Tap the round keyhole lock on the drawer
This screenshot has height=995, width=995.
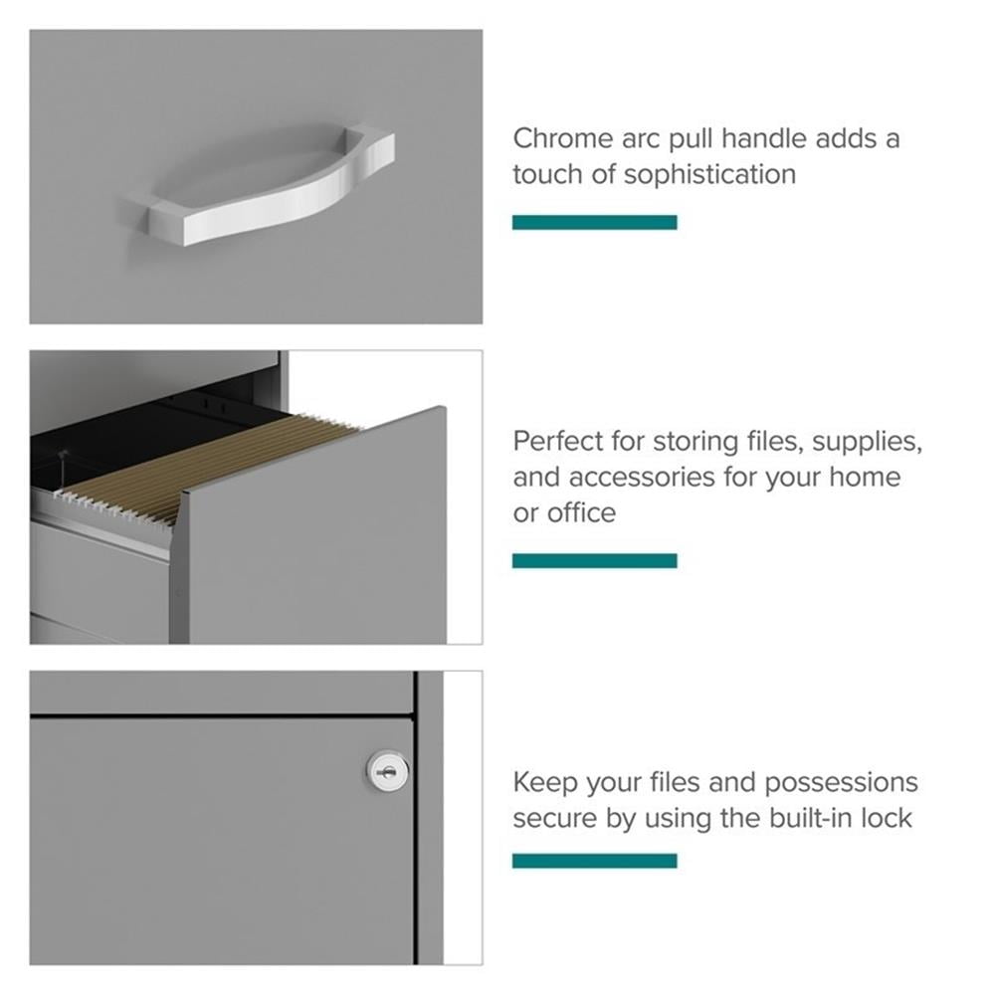click(387, 771)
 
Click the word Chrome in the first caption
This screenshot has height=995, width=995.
click(563, 138)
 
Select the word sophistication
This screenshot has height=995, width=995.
click(709, 175)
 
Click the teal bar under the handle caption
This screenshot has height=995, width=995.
click(595, 222)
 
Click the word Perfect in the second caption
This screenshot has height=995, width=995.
click(558, 442)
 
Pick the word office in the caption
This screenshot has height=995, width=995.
click(581, 512)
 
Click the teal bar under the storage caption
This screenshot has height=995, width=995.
click(595, 560)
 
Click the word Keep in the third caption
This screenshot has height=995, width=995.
click(545, 782)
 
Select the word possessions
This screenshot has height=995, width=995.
click(841, 783)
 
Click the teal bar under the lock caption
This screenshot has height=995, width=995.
click(595, 861)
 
